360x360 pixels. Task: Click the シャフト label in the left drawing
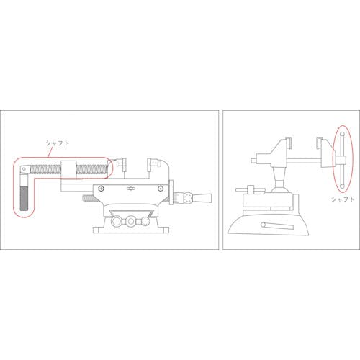tap(58, 143)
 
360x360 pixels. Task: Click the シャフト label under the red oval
tap(343, 199)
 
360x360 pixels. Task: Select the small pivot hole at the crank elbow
tap(24, 169)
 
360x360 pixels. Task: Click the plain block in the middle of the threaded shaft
tap(68, 169)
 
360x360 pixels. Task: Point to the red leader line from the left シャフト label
tap(50, 152)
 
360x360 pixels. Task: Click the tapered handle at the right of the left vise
tap(202, 198)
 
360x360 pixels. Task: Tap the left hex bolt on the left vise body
tap(101, 189)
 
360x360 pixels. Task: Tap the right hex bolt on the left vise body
tap(161, 189)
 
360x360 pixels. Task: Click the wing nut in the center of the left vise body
tap(131, 189)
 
